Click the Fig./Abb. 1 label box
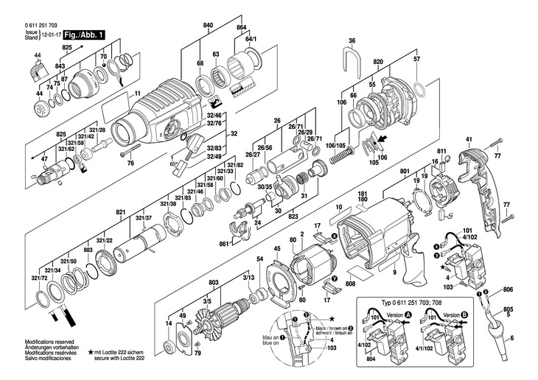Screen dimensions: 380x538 click(x=84, y=35)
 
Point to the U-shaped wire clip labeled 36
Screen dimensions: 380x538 click(x=352, y=54)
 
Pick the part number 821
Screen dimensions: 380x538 click(x=119, y=212)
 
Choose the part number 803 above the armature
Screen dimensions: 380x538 click(x=214, y=283)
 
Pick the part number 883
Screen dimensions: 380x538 click(x=88, y=251)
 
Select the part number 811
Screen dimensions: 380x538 click(x=442, y=152)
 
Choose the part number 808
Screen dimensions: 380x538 click(x=349, y=284)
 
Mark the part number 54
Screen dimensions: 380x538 click(x=260, y=259)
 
